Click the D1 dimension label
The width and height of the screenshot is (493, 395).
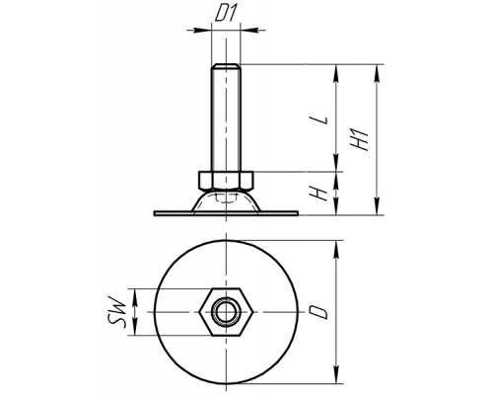click(226, 15)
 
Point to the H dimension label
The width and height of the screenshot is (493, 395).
click(319, 194)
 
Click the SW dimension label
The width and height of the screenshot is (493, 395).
click(117, 312)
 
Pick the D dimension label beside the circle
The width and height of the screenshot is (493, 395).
click(319, 312)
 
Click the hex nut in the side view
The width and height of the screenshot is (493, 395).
click(226, 180)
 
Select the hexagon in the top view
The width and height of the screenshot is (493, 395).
click(226, 312)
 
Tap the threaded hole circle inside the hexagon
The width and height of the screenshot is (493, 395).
click(226, 312)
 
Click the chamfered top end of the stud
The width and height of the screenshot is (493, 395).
click(226, 66)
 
